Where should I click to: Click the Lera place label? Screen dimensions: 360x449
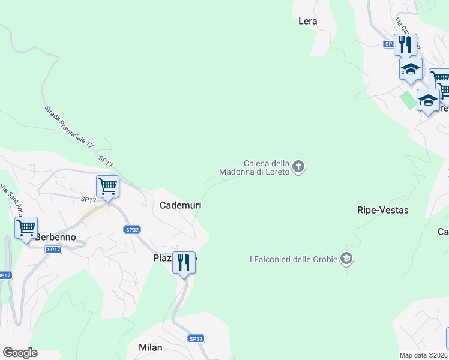point(307,21)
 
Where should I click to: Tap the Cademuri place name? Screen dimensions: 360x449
point(180,205)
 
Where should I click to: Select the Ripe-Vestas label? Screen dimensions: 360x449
point(382,210)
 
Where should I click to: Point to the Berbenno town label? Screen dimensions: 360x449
point(56,237)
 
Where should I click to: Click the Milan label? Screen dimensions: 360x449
point(151,347)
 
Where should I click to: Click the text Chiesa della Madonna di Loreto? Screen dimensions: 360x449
point(267,167)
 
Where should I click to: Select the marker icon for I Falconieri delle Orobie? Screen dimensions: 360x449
point(346,259)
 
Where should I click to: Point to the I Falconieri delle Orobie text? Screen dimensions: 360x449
point(294,259)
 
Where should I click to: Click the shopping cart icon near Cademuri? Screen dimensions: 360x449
point(107,186)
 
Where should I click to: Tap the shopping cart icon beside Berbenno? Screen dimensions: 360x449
point(26,228)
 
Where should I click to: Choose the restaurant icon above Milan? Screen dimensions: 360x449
point(184,263)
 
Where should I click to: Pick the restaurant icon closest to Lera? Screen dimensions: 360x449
point(405,44)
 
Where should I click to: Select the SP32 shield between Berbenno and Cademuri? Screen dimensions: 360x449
point(133,229)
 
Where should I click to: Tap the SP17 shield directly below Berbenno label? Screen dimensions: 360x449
point(53,250)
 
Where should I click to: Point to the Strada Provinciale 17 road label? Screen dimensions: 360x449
point(69,127)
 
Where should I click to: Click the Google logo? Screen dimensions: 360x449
point(20,353)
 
